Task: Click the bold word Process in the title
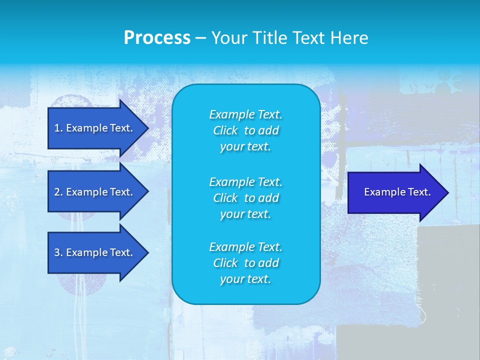tap(157, 38)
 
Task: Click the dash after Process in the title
tap(200, 38)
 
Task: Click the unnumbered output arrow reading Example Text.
tap(395, 192)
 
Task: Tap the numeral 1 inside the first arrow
tap(57, 128)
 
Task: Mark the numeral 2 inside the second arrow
tap(57, 192)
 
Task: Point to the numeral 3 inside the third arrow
tap(57, 252)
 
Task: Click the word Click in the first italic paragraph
tap(225, 130)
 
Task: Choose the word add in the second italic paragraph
tap(268, 198)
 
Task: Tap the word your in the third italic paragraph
tap(231, 279)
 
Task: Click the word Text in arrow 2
tap(120, 192)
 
